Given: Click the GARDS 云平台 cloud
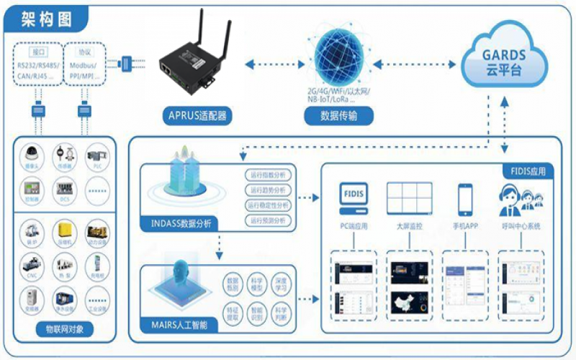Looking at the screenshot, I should [x=503, y=61].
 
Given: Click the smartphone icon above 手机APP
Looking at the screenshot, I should [x=465, y=197].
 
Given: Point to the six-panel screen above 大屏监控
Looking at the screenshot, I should [x=410, y=197].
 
